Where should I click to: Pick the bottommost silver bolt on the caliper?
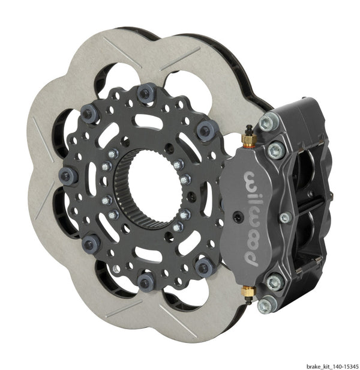265,305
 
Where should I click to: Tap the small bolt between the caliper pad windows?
285,216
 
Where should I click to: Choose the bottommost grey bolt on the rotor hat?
146,279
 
